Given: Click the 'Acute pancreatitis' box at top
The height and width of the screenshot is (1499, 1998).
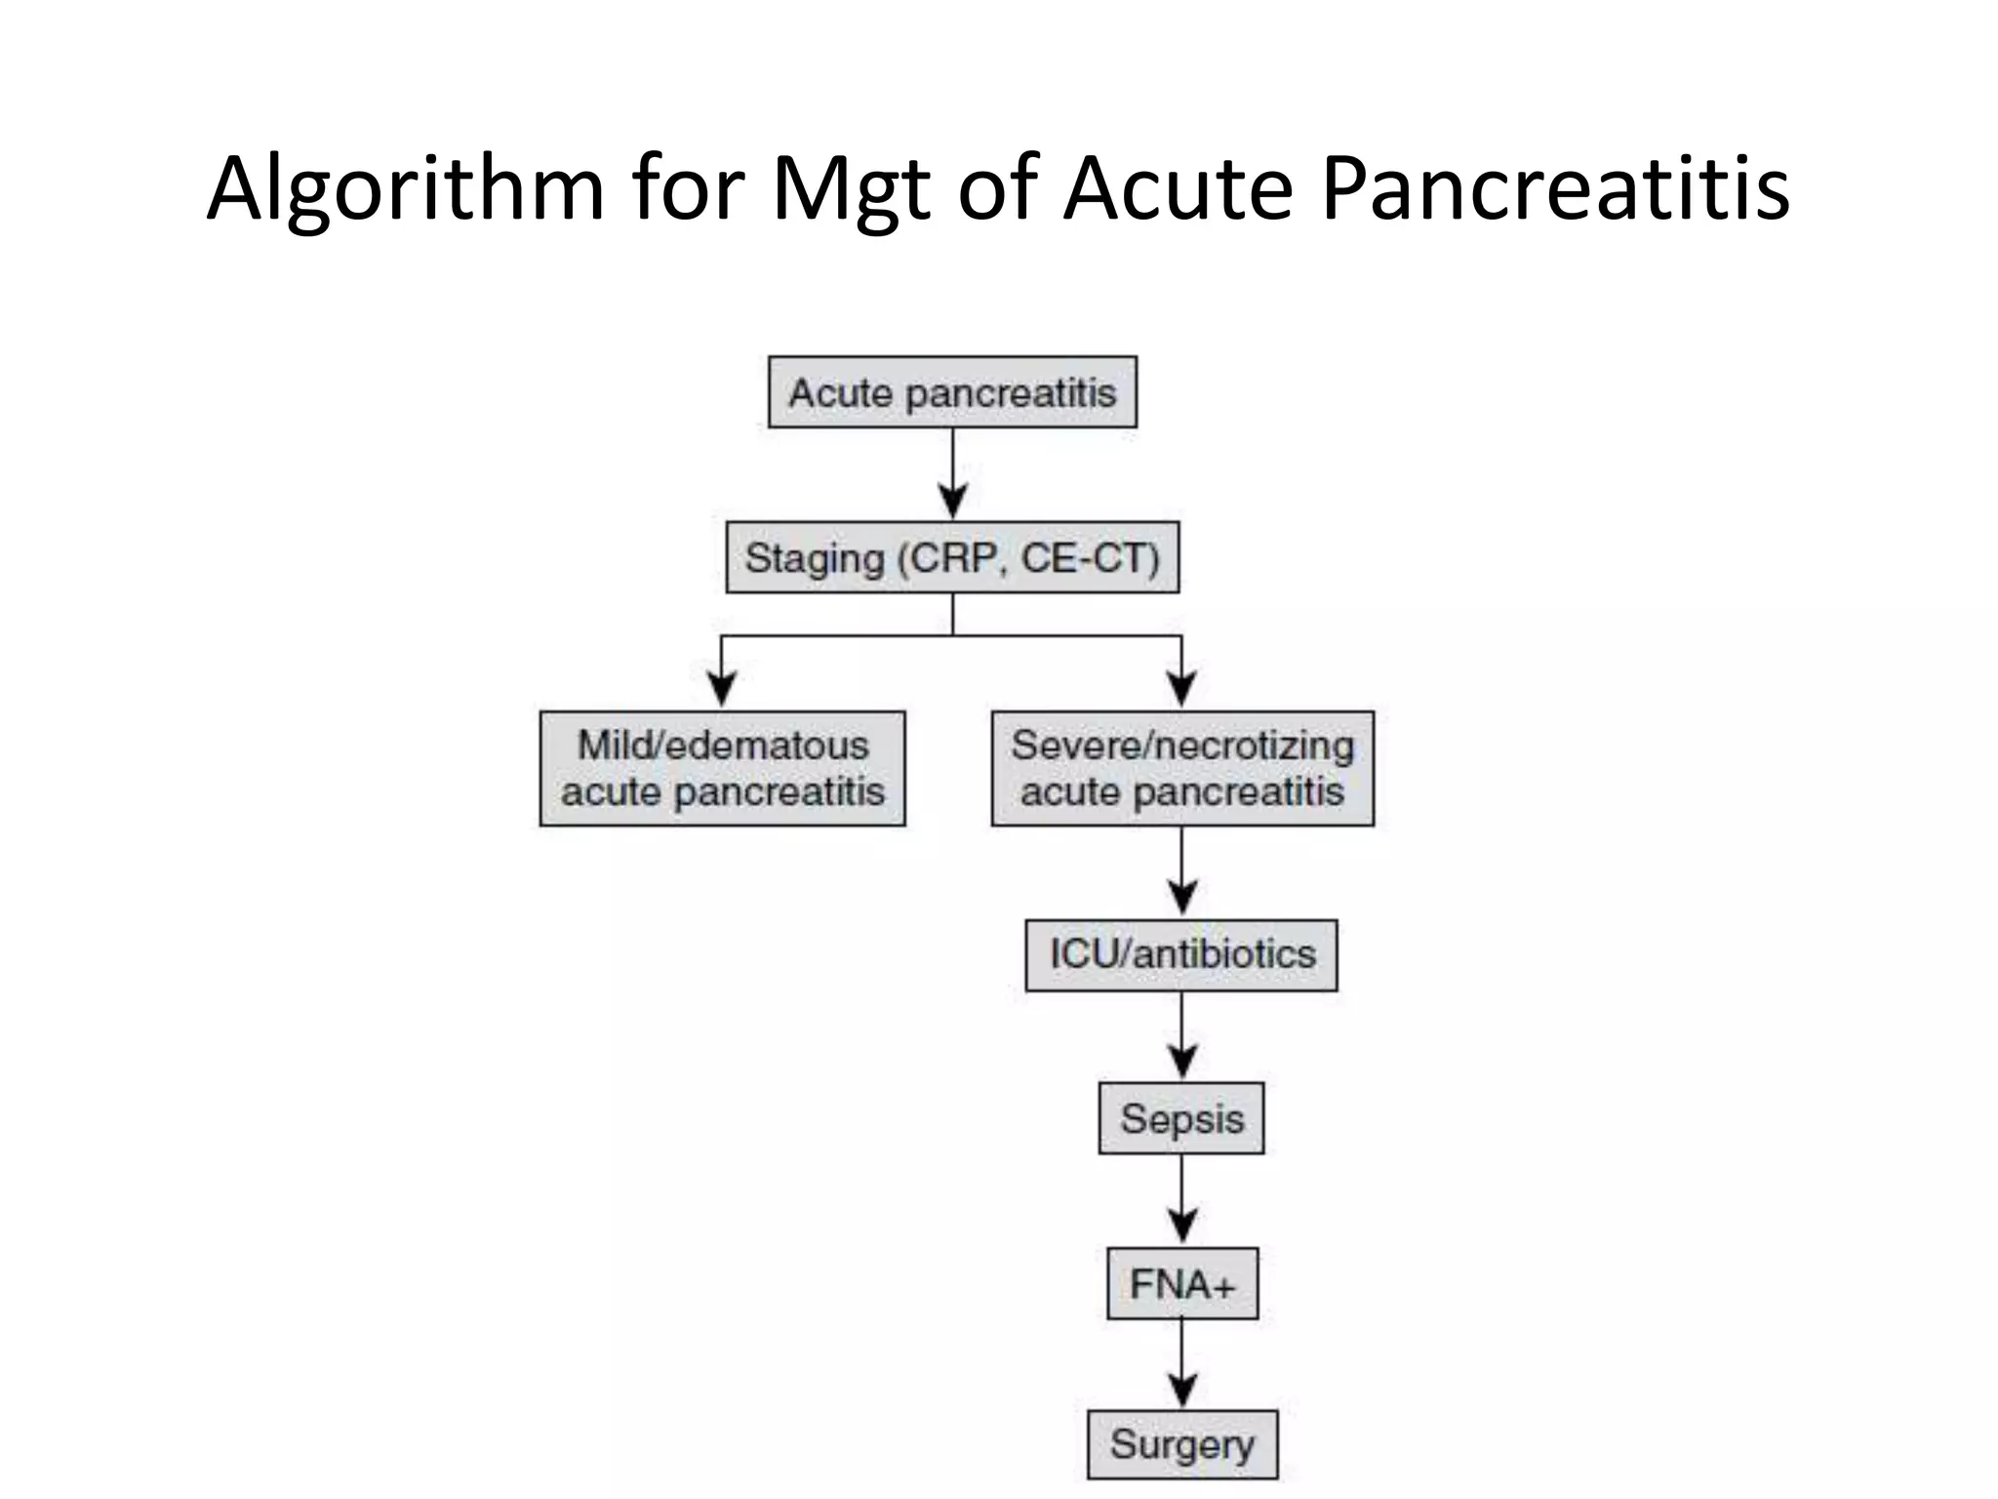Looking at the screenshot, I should [x=952, y=392].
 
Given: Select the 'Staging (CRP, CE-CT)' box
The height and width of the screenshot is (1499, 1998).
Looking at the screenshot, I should [x=952, y=557].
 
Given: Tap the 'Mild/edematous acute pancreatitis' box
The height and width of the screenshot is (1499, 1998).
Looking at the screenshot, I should [x=722, y=769].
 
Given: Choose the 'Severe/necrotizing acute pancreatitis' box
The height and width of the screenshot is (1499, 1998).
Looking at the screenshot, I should [x=1182, y=769].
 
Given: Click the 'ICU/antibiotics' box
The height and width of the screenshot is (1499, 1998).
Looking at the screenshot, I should [x=1181, y=954].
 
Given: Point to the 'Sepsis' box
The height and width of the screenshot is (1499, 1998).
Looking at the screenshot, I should [x=1181, y=1118].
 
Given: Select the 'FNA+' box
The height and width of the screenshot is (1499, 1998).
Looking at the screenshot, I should [x=1181, y=1283].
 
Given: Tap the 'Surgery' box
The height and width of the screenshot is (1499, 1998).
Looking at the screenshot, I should [x=1181, y=1444].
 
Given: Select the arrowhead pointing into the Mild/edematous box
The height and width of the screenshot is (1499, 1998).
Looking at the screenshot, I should [x=721, y=688].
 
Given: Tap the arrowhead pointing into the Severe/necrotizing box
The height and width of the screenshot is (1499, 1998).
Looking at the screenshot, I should [x=1181, y=688].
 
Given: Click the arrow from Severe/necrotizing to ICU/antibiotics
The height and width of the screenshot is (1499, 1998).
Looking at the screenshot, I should [x=1181, y=873].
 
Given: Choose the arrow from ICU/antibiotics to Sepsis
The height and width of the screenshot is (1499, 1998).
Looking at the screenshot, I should [x=1181, y=1037].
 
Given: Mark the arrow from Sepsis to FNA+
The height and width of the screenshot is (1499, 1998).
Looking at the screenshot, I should [x=1181, y=1201].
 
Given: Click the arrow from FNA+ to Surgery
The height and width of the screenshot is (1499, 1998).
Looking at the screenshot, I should [x=1181, y=1365].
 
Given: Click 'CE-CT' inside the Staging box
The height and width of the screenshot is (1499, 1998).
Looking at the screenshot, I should [x=1089, y=557].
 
